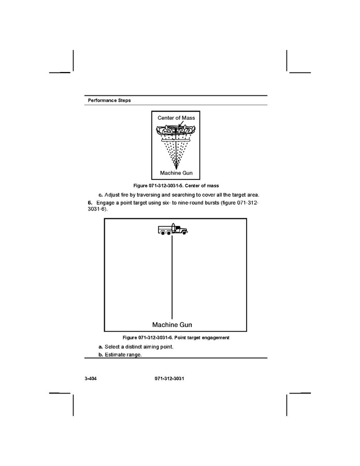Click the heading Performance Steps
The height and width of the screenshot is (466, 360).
tap(109, 100)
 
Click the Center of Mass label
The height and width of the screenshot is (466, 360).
tap(176, 118)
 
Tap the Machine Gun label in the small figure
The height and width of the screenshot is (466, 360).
tap(176, 173)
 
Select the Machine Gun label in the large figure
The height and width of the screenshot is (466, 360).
tap(172, 324)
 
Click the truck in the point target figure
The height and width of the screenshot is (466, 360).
tap(172, 230)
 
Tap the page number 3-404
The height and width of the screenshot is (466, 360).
tap(91, 379)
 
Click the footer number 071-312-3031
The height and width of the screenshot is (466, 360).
tap(169, 379)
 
